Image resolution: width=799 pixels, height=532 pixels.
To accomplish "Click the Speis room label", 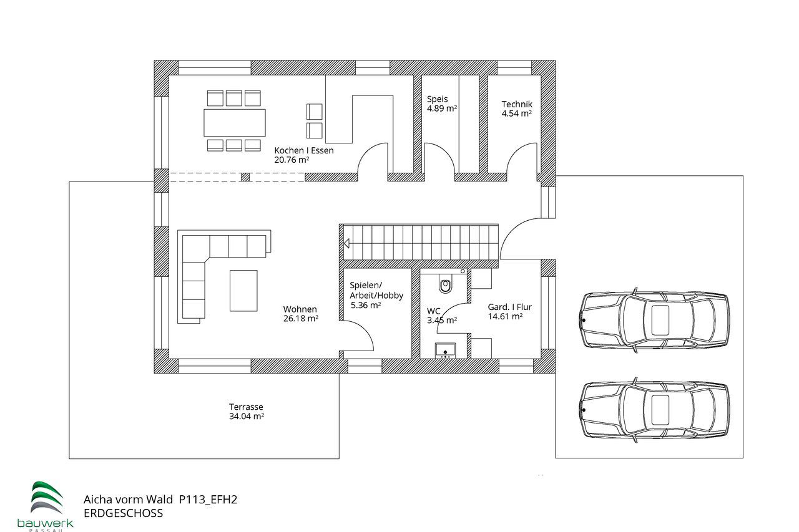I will coord(437,99).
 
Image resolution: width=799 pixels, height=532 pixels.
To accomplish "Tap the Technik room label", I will coord(516,104).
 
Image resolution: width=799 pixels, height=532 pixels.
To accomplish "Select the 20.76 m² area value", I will coord(292,160).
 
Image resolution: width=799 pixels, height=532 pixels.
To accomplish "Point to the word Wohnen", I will coord(300,309).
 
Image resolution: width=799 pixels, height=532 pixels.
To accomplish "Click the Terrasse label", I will coord(246,407).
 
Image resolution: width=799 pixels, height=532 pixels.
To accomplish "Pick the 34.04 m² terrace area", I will coord(246,417).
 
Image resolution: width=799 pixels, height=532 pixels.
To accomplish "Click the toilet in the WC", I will coord(445,285).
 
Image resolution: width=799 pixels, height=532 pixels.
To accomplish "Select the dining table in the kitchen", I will coord(234,122).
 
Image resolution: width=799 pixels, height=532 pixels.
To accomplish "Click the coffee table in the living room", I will coord(243,290).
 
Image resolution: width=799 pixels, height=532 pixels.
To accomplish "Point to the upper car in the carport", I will coord(654,320).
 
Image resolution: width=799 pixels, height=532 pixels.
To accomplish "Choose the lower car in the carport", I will coord(654,410).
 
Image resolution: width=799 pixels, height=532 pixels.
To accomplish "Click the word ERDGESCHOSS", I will coord(123,513).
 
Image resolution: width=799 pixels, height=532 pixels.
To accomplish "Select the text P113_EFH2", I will coord(208,499).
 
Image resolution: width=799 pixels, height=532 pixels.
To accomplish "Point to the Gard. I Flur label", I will coord(509,307).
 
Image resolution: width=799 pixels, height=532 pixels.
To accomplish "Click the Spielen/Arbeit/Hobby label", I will coord(376,290).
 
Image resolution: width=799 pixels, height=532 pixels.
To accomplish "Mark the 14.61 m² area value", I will coord(504,317).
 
